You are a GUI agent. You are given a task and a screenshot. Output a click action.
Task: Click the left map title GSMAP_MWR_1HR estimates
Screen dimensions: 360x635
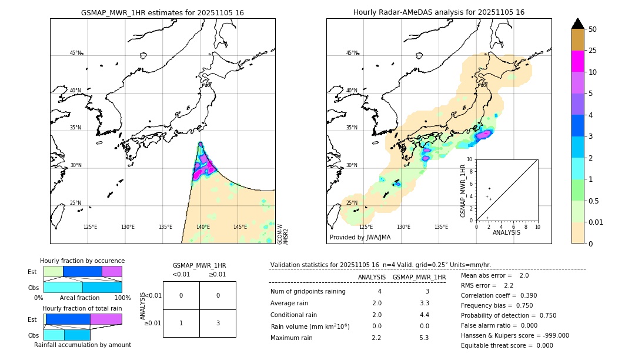pos(162,12)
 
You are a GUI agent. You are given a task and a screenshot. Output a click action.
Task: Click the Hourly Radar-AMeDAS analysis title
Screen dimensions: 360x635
pos(439,12)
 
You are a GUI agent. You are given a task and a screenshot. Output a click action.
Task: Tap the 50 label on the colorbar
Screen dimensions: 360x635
pos(593,29)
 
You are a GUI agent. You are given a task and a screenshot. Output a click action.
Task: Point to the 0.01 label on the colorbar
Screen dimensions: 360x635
pos(596,222)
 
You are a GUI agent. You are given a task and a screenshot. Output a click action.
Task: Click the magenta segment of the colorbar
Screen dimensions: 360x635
pos(577,61)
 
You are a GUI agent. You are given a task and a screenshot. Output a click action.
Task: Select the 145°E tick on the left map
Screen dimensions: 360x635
pos(240,227)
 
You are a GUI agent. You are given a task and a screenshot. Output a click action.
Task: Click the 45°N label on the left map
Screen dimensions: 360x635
pos(76,53)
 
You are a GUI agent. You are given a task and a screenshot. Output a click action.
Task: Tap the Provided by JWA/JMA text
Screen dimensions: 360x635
pos(360,238)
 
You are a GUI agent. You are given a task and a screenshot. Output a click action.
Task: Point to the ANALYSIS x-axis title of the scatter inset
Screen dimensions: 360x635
pos(506,232)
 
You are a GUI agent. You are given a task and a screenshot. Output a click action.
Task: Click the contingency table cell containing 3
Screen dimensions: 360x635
pos(217,322)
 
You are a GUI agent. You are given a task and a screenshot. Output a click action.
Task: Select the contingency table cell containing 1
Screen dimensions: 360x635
pos(181,322)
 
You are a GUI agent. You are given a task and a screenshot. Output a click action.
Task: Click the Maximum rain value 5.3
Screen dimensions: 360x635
pos(424,338)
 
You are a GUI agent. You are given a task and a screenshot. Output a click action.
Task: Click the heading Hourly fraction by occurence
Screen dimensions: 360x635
pos(82,261)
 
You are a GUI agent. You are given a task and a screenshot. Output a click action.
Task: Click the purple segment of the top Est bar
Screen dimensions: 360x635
pos(112,271)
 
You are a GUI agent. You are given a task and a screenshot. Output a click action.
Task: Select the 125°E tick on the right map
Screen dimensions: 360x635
pos(366,227)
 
